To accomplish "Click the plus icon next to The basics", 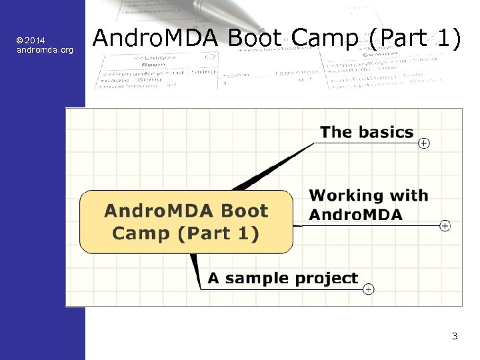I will [424, 143].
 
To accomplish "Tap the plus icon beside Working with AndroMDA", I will [445, 226].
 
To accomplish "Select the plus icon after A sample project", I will [369, 289].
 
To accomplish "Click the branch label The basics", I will [367, 132].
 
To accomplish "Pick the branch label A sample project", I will [283, 279].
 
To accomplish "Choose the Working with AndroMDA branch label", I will [368, 205].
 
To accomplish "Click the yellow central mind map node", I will [186, 222].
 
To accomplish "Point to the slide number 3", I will [455, 336].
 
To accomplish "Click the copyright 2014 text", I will [31, 41].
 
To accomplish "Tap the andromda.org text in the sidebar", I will [45, 50].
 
